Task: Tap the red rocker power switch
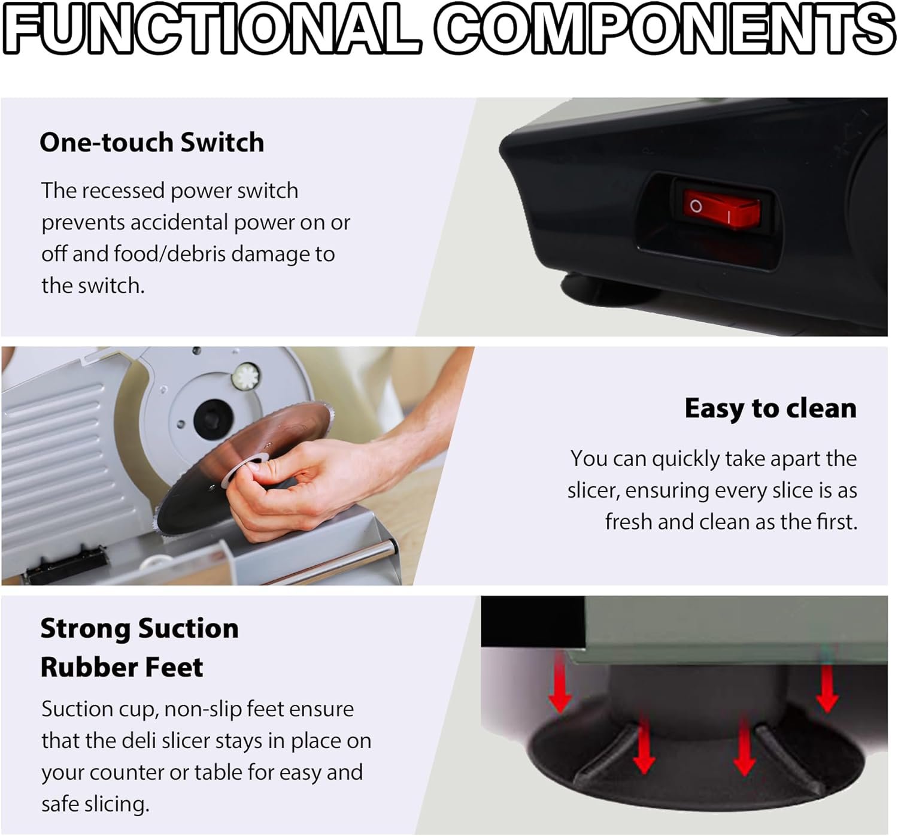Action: [721, 208]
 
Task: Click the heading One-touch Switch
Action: [152, 142]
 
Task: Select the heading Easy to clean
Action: [770, 408]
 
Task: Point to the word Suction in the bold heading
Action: [188, 628]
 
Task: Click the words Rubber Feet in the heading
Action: [122, 667]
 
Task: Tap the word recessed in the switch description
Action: [123, 191]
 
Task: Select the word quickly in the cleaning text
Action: [686, 459]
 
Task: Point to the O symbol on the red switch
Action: [696, 207]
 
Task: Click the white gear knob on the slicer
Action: [245, 377]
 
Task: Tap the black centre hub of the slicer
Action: [213, 419]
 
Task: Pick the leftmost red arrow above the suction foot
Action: [560, 684]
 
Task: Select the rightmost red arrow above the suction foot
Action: [827, 689]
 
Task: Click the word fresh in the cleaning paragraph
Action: [628, 522]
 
